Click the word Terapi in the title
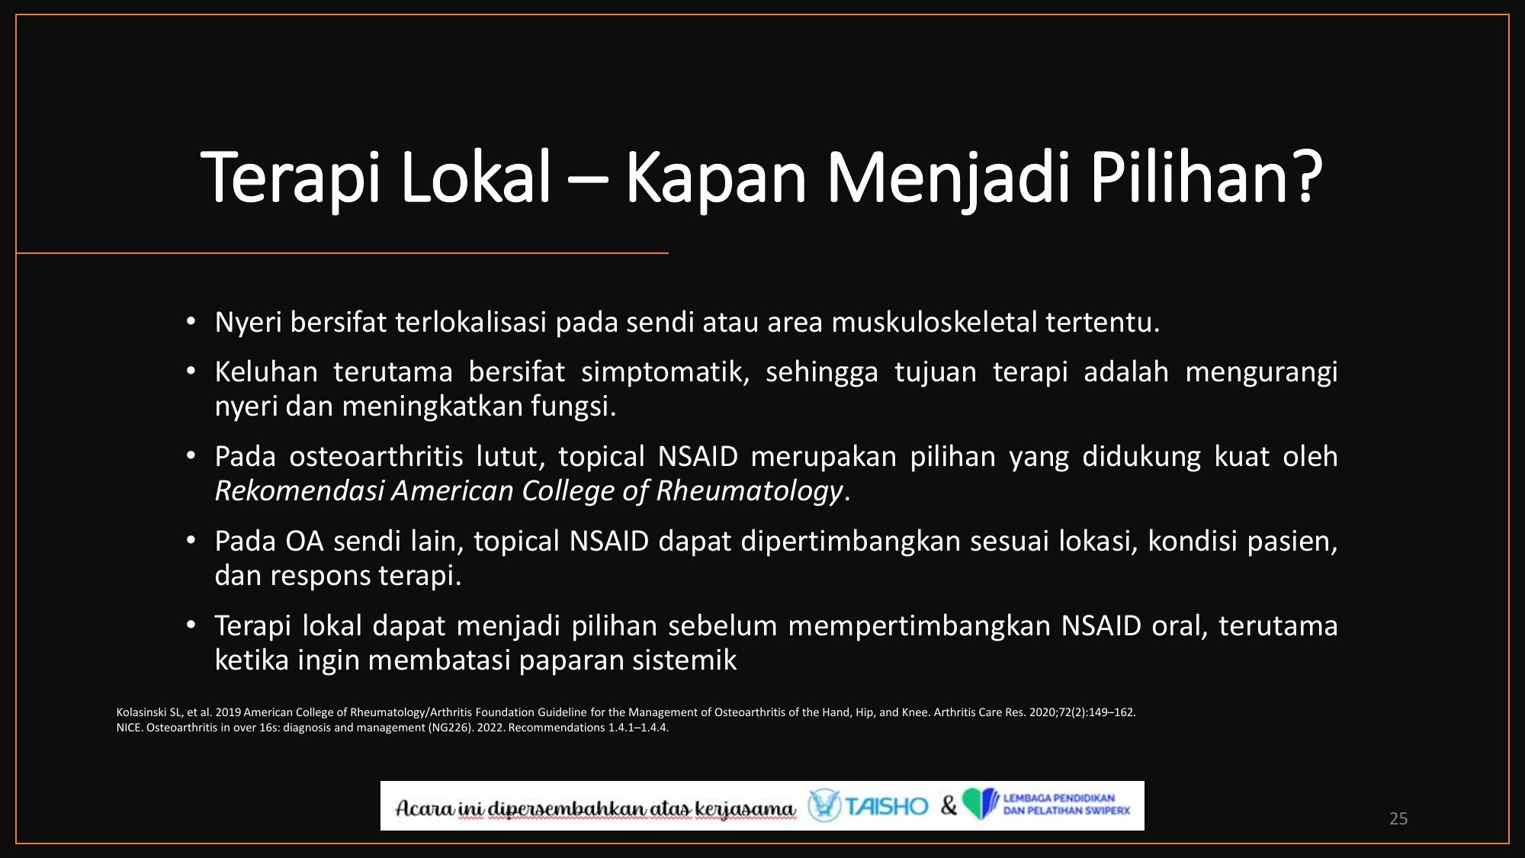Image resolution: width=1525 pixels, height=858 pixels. point(291,177)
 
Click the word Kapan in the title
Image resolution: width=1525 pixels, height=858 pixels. point(716,177)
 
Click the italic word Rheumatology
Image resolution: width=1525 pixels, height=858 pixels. point(750,491)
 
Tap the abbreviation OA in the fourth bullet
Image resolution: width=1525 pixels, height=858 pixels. point(304,541)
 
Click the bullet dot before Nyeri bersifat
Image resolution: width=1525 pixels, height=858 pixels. point(191,322)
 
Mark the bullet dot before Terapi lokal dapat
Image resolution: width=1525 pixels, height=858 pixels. point(191,625)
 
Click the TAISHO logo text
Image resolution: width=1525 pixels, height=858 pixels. point(887,806)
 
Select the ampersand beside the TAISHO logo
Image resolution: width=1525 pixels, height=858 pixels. point(949,805)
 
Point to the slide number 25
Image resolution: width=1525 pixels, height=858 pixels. point(1398,818)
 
